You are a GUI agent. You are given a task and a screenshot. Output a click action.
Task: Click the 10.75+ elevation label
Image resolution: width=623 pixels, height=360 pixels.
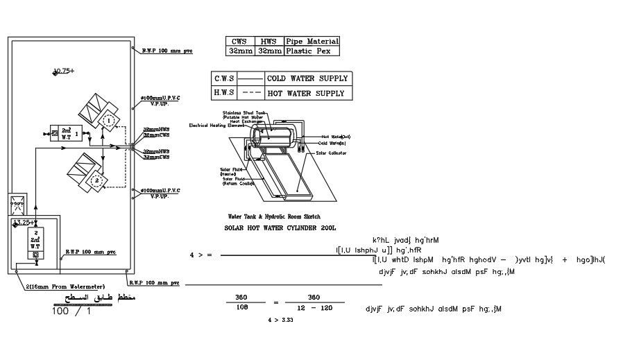(63, 71)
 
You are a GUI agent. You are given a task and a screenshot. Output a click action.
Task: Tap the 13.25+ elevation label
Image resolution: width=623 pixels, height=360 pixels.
(24, 223)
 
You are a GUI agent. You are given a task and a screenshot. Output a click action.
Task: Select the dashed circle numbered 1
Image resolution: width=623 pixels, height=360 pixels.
(108, 121)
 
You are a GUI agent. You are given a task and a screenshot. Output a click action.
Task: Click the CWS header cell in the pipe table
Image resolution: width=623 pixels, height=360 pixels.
(239, 42)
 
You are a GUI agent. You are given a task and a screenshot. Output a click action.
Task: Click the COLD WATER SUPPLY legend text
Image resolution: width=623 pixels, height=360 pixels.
(307, 78)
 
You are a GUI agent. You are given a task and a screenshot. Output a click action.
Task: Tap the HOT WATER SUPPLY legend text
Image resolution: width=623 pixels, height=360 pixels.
(305, 93)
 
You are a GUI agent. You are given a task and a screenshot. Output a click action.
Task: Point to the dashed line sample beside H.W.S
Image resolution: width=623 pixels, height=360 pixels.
(254, 93)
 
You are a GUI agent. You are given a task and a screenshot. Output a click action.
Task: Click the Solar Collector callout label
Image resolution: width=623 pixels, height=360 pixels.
(332, 153)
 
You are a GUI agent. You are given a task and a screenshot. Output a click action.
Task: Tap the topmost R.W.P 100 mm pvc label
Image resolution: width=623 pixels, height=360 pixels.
(167, 51)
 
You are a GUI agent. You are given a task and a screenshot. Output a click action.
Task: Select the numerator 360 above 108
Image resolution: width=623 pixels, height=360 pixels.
(241, 296)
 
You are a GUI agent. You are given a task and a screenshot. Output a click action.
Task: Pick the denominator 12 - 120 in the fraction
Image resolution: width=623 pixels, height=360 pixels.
(314, 307)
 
